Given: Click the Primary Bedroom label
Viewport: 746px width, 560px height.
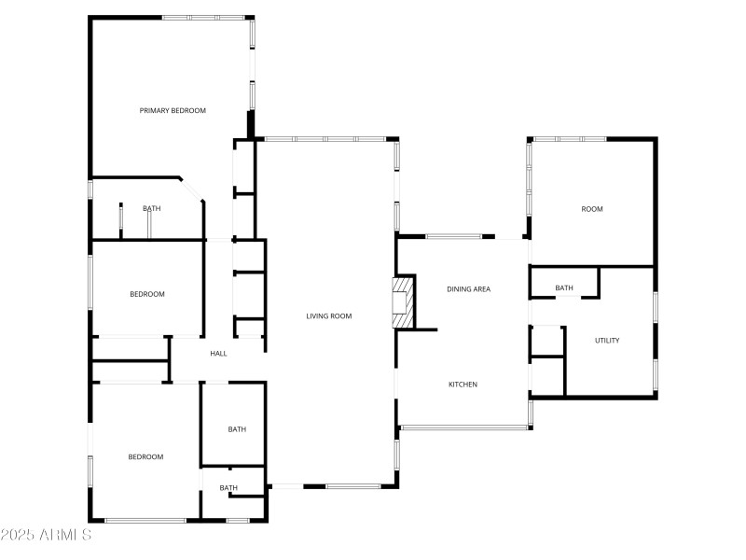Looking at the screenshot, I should click(173, 111).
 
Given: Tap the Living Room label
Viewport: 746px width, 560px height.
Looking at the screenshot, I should click(328, 316).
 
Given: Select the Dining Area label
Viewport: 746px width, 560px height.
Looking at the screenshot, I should click(468, 289).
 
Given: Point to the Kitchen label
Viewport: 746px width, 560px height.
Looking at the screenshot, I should click(463, 385).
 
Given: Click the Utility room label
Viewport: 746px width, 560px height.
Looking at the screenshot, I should click(607, 341).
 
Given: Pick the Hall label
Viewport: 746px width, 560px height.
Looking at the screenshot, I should click(218, 354).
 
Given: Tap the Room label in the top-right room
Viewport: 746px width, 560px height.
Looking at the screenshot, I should click(592, 209).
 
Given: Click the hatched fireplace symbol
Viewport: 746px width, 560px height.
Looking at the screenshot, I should click(403, 302).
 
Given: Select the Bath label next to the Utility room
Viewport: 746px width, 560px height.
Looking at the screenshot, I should click(564, 288).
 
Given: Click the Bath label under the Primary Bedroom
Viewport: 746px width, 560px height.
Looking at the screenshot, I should click(151, 209).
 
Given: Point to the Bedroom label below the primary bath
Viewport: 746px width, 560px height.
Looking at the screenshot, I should click(146, 295).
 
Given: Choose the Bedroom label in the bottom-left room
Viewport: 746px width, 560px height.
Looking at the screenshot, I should click(145, 457).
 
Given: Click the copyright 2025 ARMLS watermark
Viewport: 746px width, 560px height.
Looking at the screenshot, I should click(47, 535).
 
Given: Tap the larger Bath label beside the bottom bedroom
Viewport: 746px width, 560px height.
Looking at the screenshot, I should click(238, 429).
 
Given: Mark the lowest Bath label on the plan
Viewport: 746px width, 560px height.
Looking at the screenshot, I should click(228, 488).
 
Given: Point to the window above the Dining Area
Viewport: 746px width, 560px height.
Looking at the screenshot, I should click(454, 236).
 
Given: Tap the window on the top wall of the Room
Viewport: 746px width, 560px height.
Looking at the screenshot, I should click(569, 139).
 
